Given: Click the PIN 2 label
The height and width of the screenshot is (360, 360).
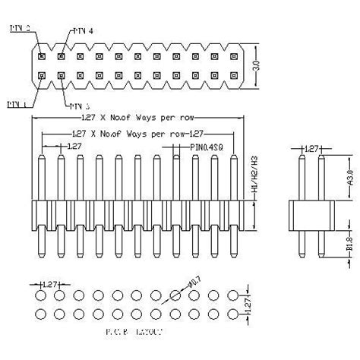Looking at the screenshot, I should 19,27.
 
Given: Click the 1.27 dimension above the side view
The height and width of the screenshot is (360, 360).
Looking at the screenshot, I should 311,150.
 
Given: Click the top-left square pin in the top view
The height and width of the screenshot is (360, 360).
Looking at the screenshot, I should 42,55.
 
